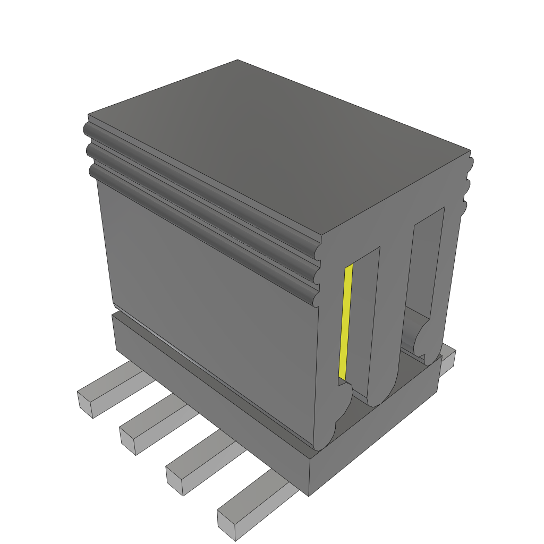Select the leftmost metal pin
pyautogui.click(x=106, y=393)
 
